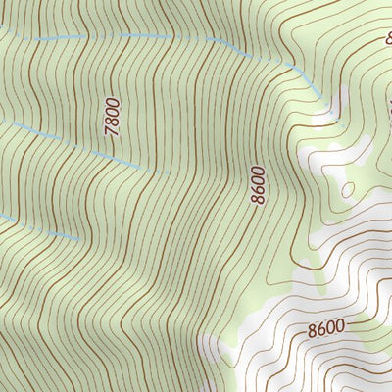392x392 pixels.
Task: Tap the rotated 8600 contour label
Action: pyautogui.click(x=258, y=185)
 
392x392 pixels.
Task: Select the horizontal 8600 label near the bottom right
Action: pyautogui.click(x=325, y=326)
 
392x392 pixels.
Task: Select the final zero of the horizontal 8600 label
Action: pyautogui.click(x=340, y=326)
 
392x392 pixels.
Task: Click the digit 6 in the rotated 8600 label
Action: pyautogui.click(x=258, y=190)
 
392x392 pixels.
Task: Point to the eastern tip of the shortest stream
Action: pyautogui.click(x=78, y=238)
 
